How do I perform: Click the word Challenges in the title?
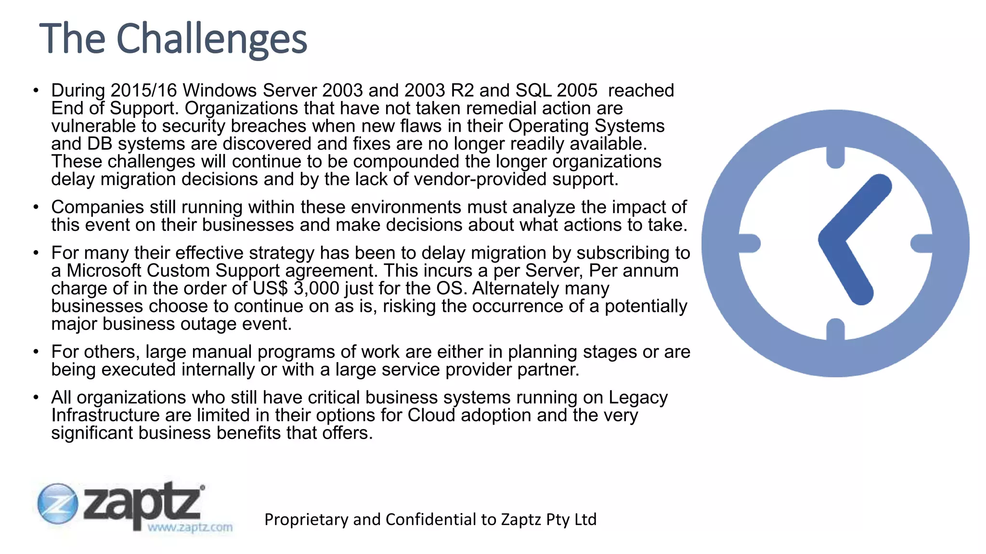211,38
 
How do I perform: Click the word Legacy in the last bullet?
638,398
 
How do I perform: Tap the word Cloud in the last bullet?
431,415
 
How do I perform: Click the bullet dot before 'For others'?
36,352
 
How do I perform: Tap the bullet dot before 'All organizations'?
36,398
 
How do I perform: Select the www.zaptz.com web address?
190,528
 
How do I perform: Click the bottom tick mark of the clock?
835,329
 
